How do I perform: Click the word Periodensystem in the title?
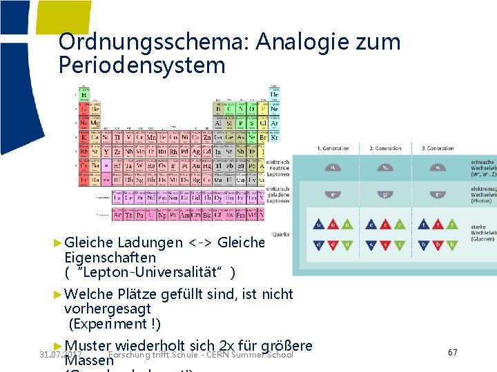click(x=143, y=66)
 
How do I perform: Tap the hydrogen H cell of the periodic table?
click(x=84, y=94)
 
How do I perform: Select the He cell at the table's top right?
click(x=274, y=94)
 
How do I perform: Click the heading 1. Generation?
click(x=333, y=149)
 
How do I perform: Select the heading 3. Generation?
click(x=438, y=149)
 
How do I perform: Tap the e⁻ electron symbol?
click(x=333, y=195)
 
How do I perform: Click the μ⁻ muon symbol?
click(x=385, y=195)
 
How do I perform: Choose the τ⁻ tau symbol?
click(x=438, y=195)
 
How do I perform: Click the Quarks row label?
click(x=281, y=234)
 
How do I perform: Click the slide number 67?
click(x=453, y=353)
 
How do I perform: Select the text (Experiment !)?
click(x=114, y=324)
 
